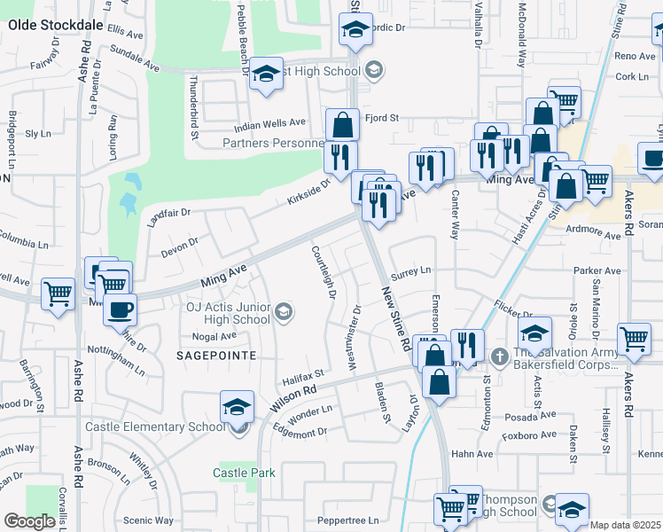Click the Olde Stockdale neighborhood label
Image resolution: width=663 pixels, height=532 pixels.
point(55,26)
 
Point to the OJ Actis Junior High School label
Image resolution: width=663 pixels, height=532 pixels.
point(228,313)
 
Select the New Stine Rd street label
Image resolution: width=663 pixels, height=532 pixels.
point(396,317)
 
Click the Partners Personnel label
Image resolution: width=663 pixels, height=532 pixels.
point(272,143)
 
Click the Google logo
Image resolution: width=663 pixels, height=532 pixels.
point(29,521)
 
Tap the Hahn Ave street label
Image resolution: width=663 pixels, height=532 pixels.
point(472,453)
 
